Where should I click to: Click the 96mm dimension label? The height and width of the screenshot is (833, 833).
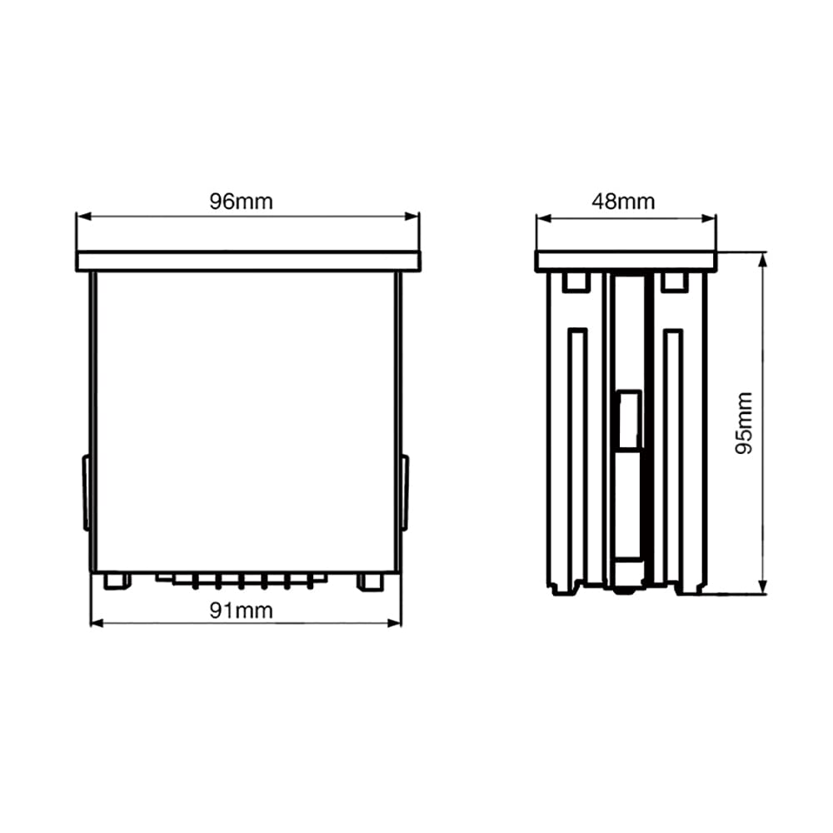[x=242, y=202]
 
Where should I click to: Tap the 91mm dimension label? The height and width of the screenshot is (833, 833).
[x=242, y=611]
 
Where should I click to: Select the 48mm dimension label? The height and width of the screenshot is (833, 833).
[x=623, y=202]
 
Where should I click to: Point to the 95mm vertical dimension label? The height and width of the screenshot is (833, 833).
[x=744, y=423]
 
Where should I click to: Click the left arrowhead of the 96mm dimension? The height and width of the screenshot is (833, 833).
[x=84, y=217]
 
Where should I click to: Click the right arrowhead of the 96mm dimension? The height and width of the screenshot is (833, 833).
[x=412, y=217]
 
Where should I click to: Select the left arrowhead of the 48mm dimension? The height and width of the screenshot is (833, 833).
[x=543, y=217]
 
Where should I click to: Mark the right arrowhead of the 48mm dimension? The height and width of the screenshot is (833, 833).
[x=709, y=217]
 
